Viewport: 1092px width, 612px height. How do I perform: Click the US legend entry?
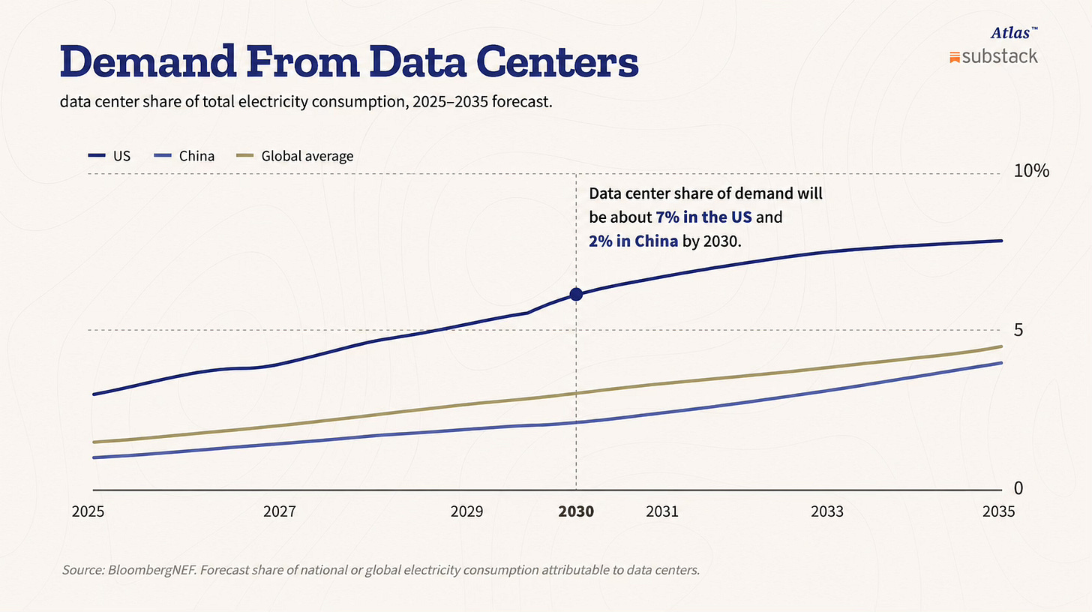pos(109,156)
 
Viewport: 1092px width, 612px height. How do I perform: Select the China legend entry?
pos(184,156)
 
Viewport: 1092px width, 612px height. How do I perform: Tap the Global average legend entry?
pos(295,156)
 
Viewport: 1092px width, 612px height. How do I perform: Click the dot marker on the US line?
pos(576,294)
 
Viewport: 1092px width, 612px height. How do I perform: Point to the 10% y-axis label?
pos(1031,171)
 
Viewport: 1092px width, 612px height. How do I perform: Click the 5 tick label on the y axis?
pos(1018,330)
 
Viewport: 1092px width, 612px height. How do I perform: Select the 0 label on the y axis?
pos(1018,487)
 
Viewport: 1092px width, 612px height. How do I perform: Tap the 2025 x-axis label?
pos(88,511)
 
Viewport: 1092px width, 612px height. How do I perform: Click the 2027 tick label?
pos(279,511)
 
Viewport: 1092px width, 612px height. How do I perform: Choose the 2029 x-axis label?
pos(466,511)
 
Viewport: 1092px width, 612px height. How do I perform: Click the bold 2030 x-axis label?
pos(576,511)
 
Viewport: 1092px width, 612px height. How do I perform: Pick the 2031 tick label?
pos(662,511)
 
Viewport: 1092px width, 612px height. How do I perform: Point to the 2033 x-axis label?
pos(826,511)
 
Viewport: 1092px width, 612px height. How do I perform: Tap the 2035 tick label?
pos(998,511)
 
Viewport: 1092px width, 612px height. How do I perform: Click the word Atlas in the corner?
pos(1010,33)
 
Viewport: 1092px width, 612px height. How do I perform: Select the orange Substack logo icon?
pos(955,58)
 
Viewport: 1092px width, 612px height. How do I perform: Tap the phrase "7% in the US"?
pos(703,217)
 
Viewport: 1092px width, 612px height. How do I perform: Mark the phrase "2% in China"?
pos(633,241)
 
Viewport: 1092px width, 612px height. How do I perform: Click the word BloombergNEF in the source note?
pos(152,570)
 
